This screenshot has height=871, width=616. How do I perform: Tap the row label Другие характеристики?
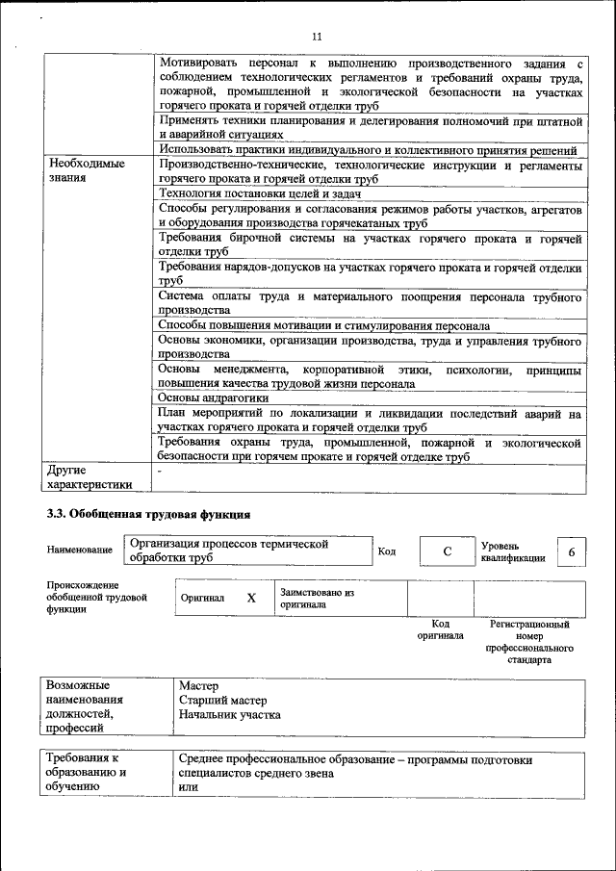(90, 477)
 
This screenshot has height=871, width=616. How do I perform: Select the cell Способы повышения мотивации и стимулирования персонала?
(323, 326)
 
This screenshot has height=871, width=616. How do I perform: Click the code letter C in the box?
(448, 551)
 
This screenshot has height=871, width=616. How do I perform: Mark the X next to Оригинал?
(251, 598)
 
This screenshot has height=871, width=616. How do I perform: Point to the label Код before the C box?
(386, 551)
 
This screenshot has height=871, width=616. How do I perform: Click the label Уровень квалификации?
(513, 551)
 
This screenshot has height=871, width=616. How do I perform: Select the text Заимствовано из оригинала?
(317, 599)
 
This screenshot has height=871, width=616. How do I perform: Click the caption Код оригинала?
(440, 629)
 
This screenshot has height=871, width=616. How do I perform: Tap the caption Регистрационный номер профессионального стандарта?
(529, 642)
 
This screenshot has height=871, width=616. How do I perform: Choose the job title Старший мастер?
(223, 701)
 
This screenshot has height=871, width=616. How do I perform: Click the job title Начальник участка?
(230, 715)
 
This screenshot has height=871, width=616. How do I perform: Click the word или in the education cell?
(188, 787)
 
